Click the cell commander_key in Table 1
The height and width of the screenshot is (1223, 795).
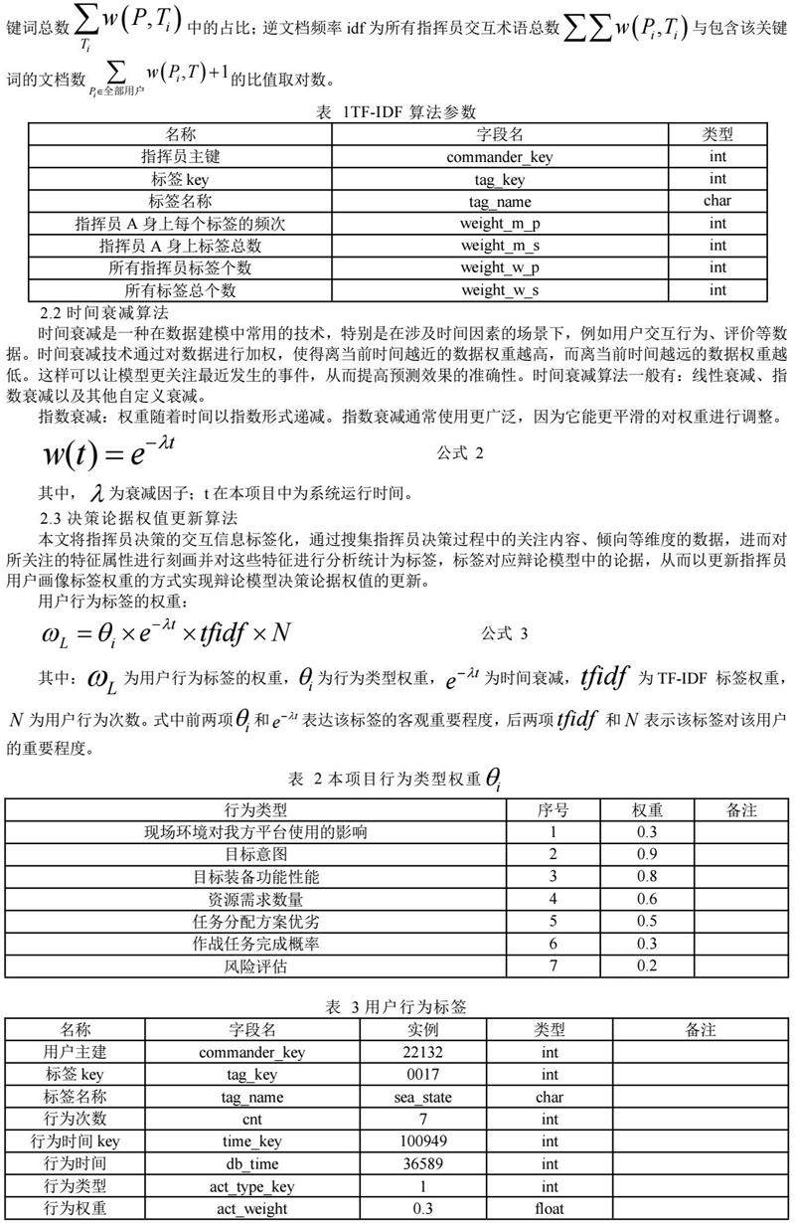point(499,157)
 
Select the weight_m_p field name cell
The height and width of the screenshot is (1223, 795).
point(499,224)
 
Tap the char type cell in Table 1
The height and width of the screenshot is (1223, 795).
point(717,202)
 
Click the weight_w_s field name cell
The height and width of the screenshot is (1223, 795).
point(499,290)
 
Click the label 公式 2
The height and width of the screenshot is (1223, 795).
point(460,453)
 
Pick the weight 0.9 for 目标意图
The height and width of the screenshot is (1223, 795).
point(646,854)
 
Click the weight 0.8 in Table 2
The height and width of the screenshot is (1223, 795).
point(646,877)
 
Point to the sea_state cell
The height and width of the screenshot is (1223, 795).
point(431,1098)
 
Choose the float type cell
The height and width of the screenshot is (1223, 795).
point(550,1209)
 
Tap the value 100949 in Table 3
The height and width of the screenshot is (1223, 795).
point(431,1141)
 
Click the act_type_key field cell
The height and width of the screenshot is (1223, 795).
point(252,1186)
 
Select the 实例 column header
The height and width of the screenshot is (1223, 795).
point(431,1030)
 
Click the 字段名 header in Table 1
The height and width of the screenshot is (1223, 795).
point(499,134)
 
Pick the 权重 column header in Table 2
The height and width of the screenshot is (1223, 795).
point(646,809)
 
